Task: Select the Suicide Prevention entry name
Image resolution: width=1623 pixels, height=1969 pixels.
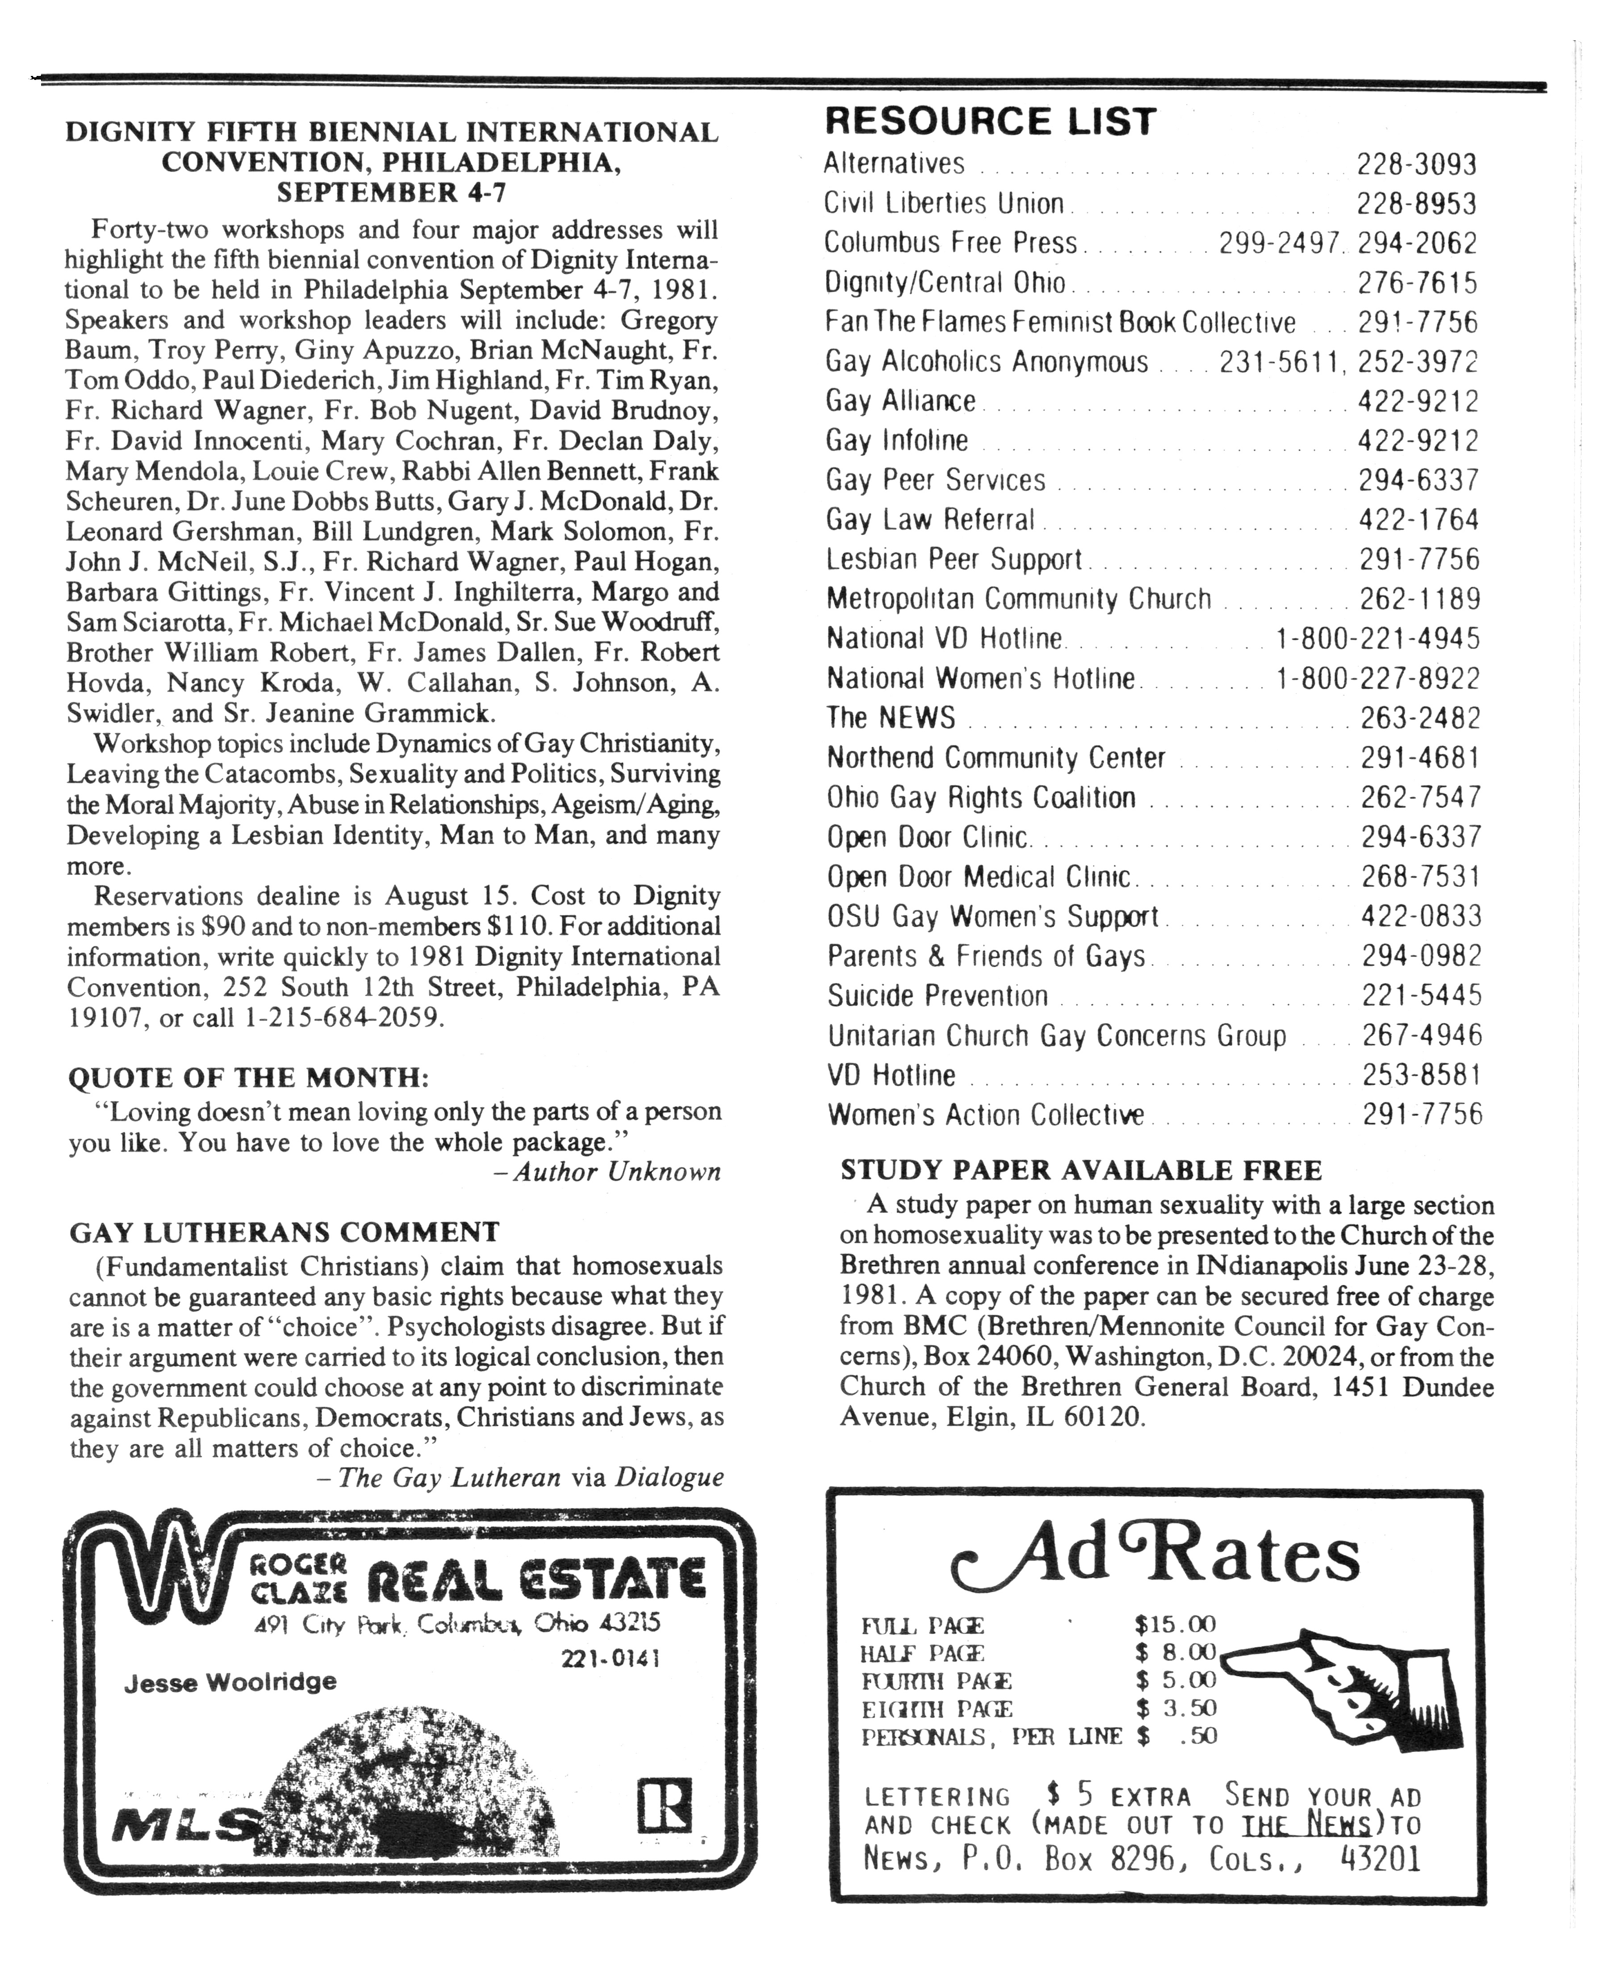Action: coord(937,996)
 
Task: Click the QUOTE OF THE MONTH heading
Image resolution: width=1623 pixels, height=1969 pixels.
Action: coord(249,1078)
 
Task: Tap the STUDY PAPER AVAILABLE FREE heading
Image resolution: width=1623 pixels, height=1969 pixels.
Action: coord(1081,1171)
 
